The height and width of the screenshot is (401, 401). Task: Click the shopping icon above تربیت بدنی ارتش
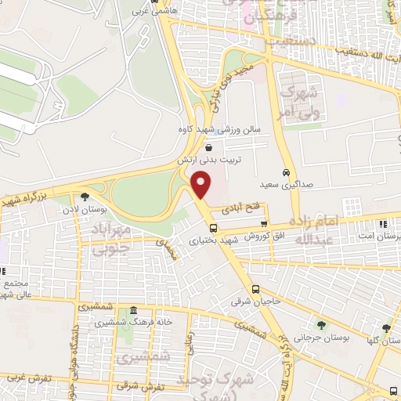coord(208,146)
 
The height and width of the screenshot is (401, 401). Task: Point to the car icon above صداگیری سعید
coord(285,172)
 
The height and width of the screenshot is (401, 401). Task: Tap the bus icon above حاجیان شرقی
coord(255,288)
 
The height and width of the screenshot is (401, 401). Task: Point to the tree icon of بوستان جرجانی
coord(321,324)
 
